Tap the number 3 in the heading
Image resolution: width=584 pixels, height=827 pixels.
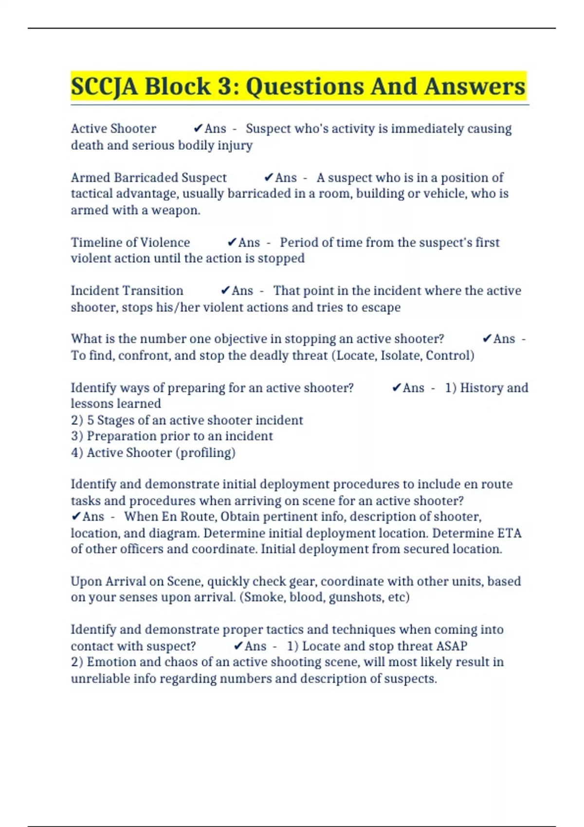pos(224,87)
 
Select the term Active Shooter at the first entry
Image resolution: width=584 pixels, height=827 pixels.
pos(113,129)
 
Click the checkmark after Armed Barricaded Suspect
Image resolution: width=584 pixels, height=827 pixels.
pos(269,178)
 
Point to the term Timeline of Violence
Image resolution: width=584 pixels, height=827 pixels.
pos(130,242)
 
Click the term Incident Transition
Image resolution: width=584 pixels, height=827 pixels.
pos(127,291)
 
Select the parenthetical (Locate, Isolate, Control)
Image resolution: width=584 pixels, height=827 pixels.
pos(403,356)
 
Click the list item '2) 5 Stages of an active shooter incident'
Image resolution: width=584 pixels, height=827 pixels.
pos(187,420)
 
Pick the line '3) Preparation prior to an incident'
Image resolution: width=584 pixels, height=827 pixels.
pos(172,436)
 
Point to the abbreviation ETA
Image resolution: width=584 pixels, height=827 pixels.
pos(509,533)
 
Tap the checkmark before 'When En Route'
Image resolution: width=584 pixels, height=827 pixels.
pos(76,517)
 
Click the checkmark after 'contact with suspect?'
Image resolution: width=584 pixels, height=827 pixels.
pos(238,646)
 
